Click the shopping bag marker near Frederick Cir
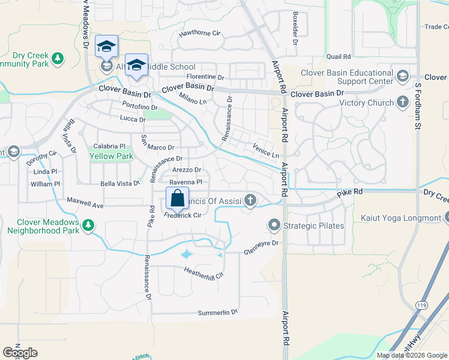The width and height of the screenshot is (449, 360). (x=178, y=197)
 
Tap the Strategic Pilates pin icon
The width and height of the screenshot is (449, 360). (x=274, y=226)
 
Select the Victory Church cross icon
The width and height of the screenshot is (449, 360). (x=402, y=103)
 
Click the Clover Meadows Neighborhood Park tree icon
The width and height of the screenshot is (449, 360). (x=88, y=225)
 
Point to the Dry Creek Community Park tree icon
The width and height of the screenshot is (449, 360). (x=58, y=58)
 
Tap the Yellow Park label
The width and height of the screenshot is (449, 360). (x=103, y=156)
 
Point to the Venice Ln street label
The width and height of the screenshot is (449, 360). (x=266, y=151)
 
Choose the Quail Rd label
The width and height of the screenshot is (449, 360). (x=339, y=56)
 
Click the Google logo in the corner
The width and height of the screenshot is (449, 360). (x=20, y=352)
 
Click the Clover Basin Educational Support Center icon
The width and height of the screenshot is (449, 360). (x=402, y=75)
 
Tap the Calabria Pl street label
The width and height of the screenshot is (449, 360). (x=109, y=146)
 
